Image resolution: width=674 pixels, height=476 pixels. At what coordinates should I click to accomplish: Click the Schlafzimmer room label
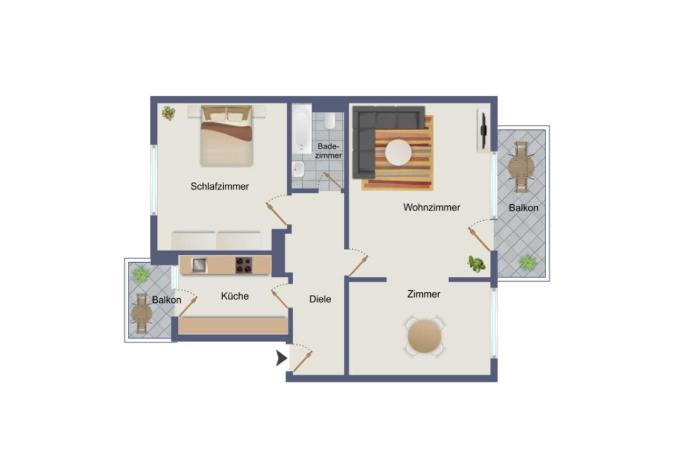pyautogui.click(x=220, y=186)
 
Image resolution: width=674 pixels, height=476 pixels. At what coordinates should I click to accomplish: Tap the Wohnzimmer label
pyautogui.click(x=431, y=208)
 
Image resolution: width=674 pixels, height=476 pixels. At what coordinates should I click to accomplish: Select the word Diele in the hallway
pyautogui.click(x=320, y=299)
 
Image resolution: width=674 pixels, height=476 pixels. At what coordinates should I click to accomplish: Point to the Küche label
pyautogui.click(x=235, y=296)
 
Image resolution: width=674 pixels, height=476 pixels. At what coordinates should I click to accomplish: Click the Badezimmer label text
pyautogui.click(x=329, y=151)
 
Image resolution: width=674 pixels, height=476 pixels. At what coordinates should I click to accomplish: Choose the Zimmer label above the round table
pyautogui.click(x=423, y=294)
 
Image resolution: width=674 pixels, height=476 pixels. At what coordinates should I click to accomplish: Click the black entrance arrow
pyautogui.click(x=281, y=358)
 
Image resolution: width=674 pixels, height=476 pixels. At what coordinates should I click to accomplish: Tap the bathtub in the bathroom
pyautogui.click(x=301, y=129)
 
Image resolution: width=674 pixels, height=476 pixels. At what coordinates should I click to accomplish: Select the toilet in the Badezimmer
pyautogui.click(x=329, y=120)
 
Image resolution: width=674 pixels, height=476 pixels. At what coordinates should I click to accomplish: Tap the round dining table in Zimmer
pyautogui.click(x=425, y=337)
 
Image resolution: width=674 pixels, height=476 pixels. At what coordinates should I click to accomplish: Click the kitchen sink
pyautogui.click(x=199, y=265)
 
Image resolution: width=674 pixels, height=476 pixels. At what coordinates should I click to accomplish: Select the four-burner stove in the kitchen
pyautogui.click(x=244, y=265)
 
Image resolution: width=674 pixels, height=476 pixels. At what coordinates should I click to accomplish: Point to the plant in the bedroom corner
pyautogui.click(x=168, y=113)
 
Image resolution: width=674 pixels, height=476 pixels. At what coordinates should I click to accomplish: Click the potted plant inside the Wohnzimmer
pyautogui.click(x=476, y=263)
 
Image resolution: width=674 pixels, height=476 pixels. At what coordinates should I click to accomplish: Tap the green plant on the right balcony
pyautogui.click(x=527, y=263)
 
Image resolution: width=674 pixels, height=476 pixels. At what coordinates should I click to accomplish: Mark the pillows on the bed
pyautogui.click(x=226, y=115)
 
